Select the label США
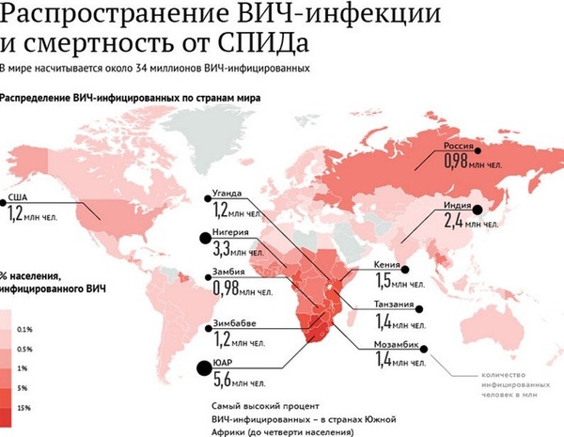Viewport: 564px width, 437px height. click(19, 197)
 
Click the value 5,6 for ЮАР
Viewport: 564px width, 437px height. click(224, 381)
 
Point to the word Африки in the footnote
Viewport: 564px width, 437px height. click(229, 432)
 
